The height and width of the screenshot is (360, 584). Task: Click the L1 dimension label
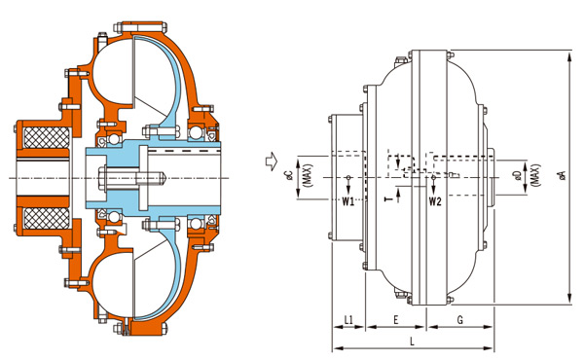[348, 319]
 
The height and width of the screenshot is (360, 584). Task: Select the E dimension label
[396, 319]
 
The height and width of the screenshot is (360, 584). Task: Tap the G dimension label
[460, 319]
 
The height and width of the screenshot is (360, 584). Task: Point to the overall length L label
[412, 342]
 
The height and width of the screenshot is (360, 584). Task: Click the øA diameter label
[563, 175]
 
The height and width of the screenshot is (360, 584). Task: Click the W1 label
[348, 201]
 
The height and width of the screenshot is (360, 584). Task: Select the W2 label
[435, 201]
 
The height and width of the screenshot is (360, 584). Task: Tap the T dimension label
[388, 199]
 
